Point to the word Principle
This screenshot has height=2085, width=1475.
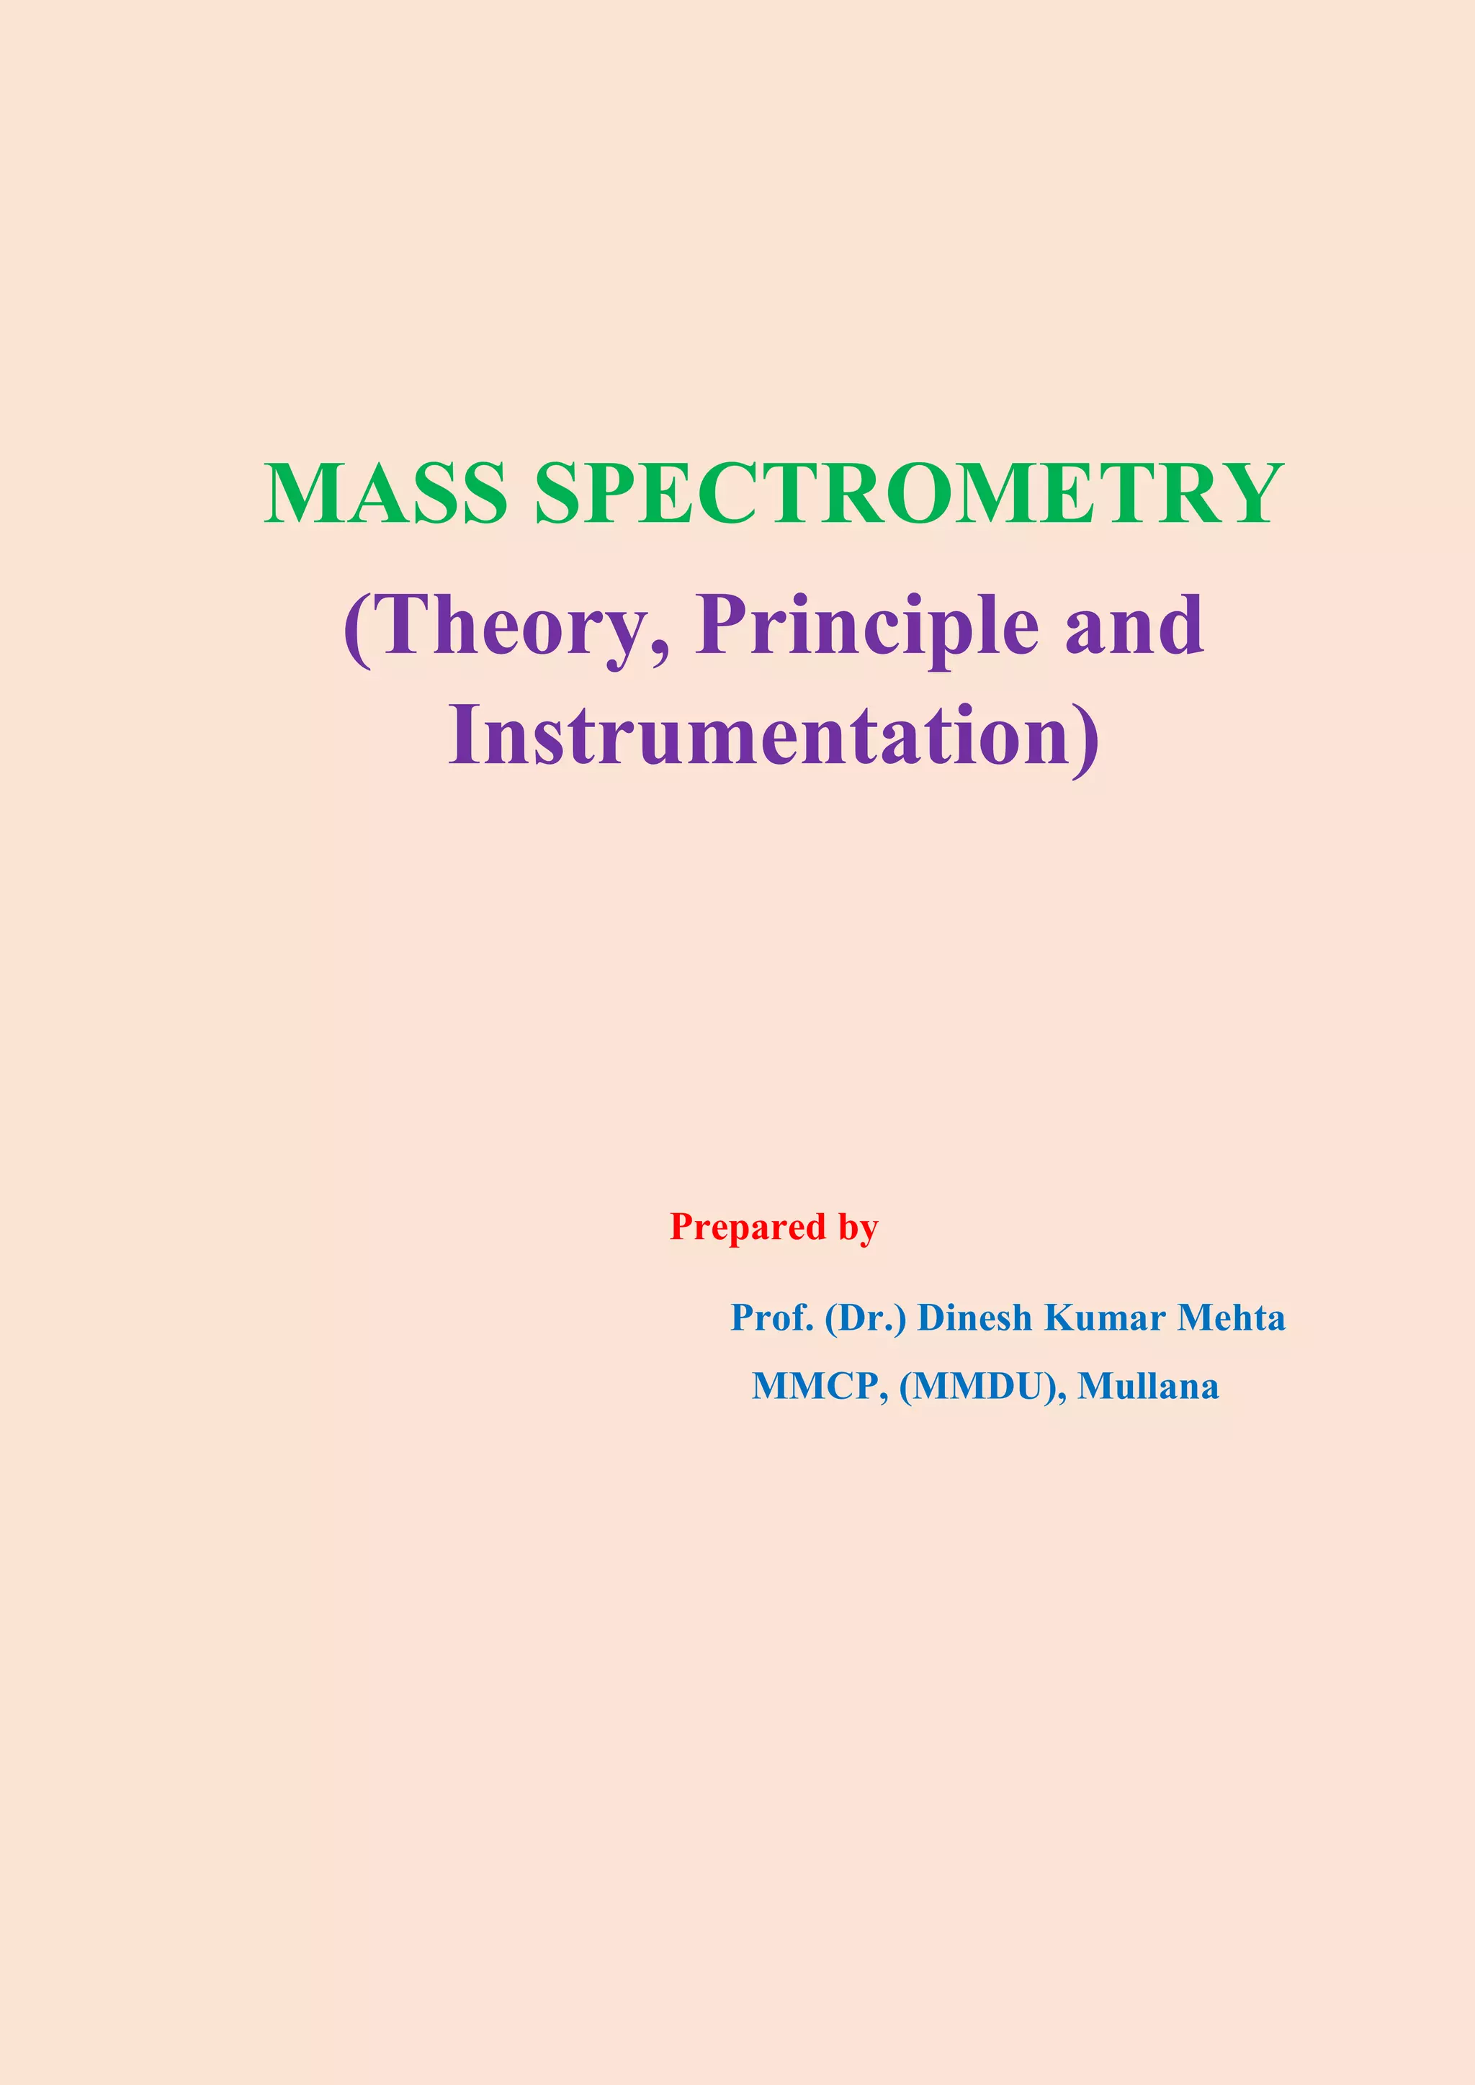(x=867, y=626)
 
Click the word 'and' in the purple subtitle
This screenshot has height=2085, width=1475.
(x=1134, y=626)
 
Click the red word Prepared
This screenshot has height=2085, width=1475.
(x=748, y=1227)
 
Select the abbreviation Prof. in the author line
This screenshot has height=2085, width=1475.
(x=772, y=1318)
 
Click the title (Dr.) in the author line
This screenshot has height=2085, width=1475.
(x=866, y=1318)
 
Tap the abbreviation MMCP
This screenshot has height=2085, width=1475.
(x=817, y=1387)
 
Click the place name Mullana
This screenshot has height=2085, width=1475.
(x=1148, y=1387)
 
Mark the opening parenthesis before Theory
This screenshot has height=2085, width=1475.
(x=358, y=629)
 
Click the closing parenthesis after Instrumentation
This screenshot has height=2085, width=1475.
(x=1086, y=738)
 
